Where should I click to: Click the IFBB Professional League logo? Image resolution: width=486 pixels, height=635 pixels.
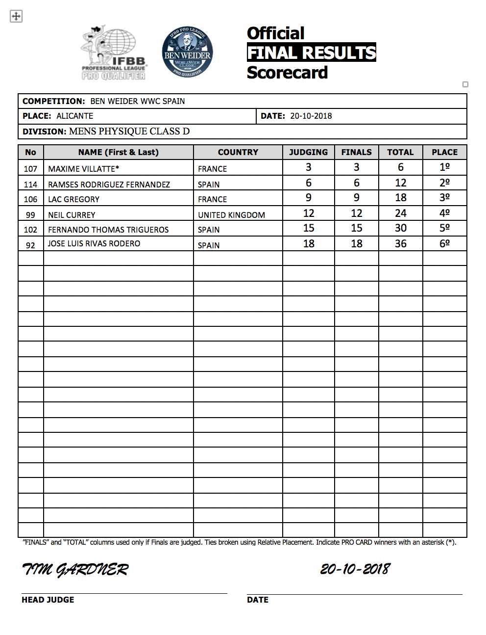(x=114, y=53)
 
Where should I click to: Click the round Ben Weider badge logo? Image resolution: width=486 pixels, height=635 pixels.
(x=187, y=52)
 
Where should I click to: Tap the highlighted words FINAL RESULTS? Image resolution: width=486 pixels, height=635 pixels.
(x=311, y=53)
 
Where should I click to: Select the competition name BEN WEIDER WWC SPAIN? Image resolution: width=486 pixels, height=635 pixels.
(x=138, y=101)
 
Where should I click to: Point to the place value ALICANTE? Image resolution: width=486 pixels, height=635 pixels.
(x=74, y=116)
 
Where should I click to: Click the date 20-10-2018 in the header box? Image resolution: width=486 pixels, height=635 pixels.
(x=311, y=116)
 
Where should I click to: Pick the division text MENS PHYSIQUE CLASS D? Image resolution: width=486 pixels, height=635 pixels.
(x=129, y=131)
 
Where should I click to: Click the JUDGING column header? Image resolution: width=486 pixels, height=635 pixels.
(x=308, y=152)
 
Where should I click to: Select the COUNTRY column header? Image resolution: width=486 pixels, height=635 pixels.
(x=238, y=152)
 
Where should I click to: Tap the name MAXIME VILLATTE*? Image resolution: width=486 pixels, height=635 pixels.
(x=84, y=169)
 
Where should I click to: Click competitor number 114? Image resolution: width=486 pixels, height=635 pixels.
(x=30, y=185)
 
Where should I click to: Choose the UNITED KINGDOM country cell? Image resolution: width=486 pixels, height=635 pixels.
(x=231, y=215)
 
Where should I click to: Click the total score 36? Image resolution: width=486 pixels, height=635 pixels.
(x=400, y=244)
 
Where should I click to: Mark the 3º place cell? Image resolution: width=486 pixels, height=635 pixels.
(x=444, y=198)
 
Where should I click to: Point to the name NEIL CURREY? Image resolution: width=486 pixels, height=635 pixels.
(x=72, y=215)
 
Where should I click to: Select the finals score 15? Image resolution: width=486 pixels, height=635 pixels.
(x=356, y=228)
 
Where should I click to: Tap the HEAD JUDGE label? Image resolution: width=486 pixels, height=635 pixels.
(x=48, y=600)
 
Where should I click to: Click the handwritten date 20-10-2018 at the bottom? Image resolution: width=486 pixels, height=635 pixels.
(x=355, y=569)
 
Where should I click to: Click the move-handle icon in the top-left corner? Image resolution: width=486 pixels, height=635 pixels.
(x=16, y=16)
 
